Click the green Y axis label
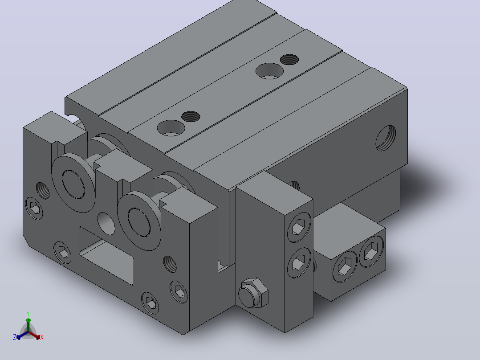pyautogui.click(x=28, y=313)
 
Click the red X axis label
pyautogui.click(x=42, y=337)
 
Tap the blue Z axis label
pyautogui.click(x=15, y=337)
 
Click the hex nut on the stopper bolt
pyautogui.click(x=253, y=293)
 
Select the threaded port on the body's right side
pyautogui.click(x=386, y=138)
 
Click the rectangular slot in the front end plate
pyautogui.click(x=106, y=256)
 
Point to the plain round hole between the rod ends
pyautogui.click(x=106, y=224)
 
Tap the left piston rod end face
pyautogui.click(x=73, y=184)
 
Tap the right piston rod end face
pyautogui.click(x=139, y=222)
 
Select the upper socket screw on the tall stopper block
pyautogui.click(x=299, y=227)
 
